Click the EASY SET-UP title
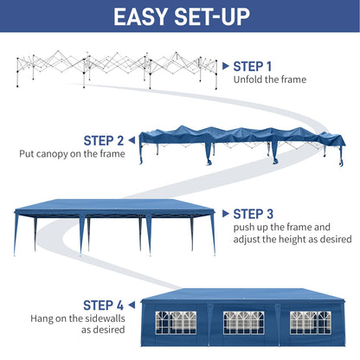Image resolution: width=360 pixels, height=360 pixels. tap(180, 16)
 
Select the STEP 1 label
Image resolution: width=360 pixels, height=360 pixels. tap(253, 66)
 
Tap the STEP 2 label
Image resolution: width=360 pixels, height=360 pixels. tap(104, 139)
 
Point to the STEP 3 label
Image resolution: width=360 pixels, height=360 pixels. tap(253, 213)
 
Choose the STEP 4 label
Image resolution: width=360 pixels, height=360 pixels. tap(104, 305)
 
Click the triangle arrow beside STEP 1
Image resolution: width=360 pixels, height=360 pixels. tap(225, 66)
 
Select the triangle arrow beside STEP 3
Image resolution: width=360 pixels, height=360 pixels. tap(225, 213)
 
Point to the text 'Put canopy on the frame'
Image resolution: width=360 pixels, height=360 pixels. tap(72, 154)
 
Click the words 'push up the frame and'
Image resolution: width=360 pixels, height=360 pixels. tap(280, 228)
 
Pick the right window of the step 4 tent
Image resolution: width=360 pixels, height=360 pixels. tap(310, 322)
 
